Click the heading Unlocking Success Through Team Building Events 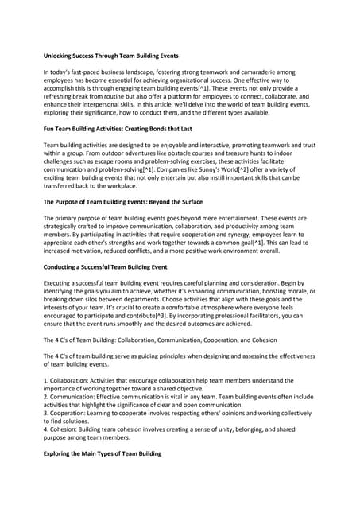coord(110,56)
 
